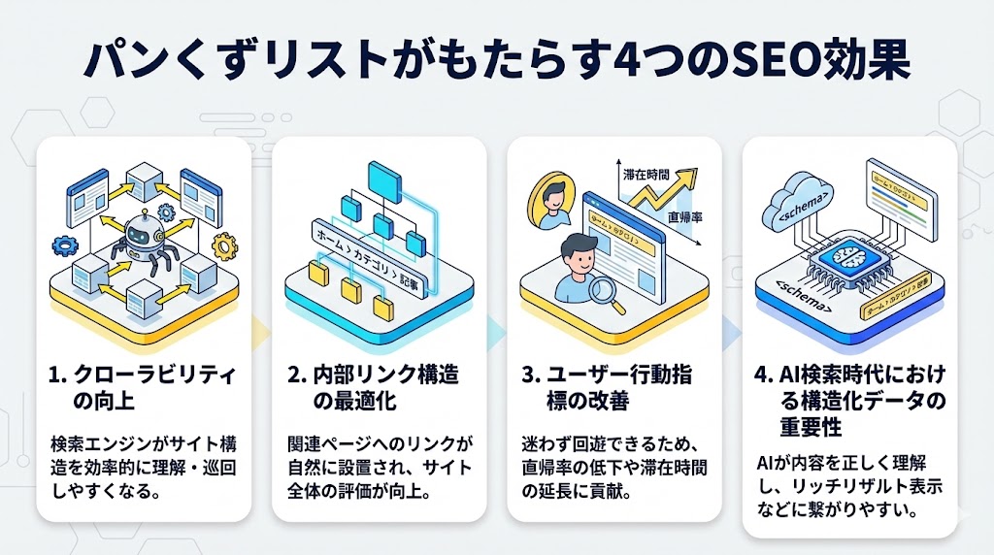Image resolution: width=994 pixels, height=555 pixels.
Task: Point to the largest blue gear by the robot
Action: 165,210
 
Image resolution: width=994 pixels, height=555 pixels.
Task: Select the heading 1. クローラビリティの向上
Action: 146,387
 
